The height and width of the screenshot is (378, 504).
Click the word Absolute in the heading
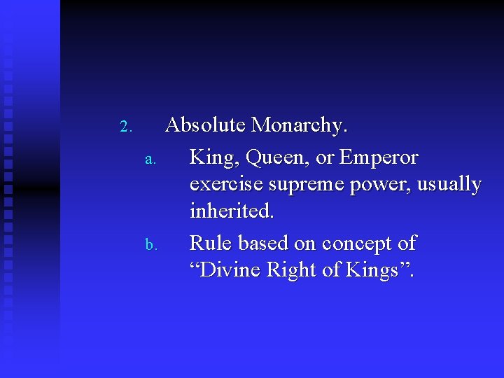(205, 125)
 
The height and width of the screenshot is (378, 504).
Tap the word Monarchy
(299, 126)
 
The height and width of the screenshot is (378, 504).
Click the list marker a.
(149, 158)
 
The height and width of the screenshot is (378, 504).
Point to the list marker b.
(149, 244)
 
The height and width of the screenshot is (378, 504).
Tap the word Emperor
(379, 157)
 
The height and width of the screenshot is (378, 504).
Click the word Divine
(227, 270)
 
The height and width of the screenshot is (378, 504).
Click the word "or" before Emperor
(325, 159)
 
